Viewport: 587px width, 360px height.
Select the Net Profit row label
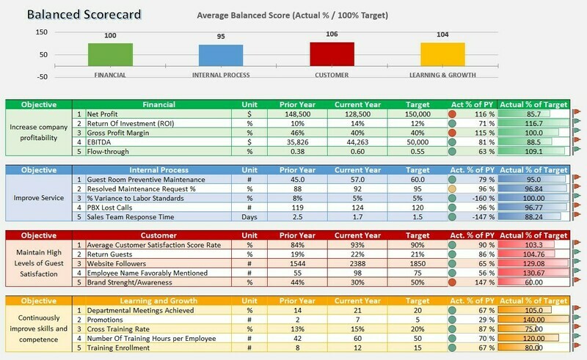pyautogui.click(x=103, y=114)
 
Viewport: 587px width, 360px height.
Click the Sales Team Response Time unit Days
pyautogui.click(x=250, y=217)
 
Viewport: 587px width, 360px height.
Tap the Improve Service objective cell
pyautogui.click(x=39, y=198)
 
